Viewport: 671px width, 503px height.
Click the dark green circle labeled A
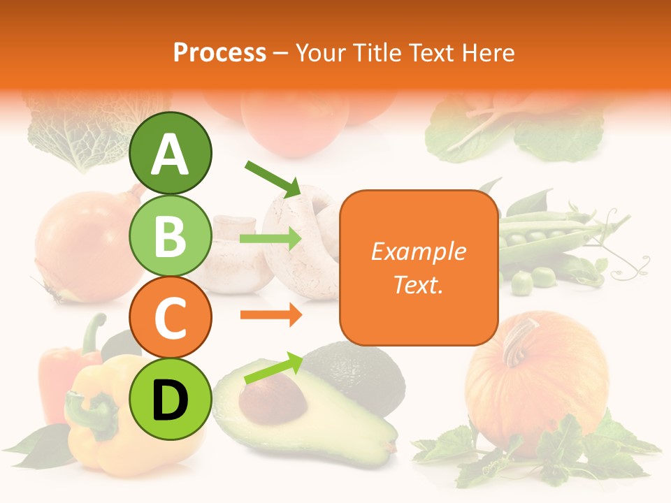(171, 154)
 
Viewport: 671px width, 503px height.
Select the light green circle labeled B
(171, 236)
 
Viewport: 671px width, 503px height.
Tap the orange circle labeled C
(171, 318)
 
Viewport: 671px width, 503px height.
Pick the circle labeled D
(171, 400)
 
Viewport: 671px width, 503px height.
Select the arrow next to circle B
(270, 239)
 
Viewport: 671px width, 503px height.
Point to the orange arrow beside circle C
(270, 315)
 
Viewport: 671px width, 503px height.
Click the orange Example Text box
(419, 268)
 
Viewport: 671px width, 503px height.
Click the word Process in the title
(219, 52)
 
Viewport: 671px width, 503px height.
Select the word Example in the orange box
(419, 251)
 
